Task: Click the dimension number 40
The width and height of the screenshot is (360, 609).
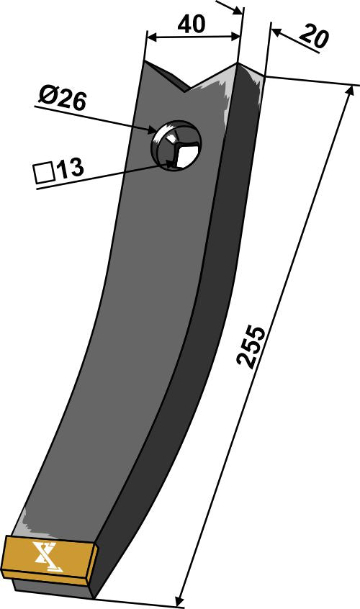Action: point(191,24)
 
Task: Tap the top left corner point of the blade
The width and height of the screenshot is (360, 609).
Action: point(145,61)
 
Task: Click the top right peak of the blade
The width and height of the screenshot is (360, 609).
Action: point(238,64)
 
